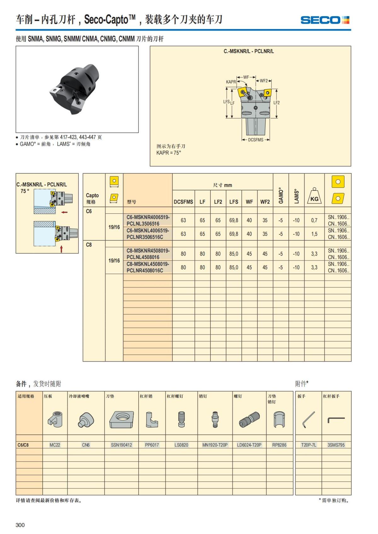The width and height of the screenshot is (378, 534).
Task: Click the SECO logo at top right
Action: (325, 20)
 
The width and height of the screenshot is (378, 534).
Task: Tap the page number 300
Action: (20, 525)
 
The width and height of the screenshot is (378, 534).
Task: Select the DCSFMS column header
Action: (183, 202)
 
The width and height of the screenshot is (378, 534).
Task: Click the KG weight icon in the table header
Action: (314, 197)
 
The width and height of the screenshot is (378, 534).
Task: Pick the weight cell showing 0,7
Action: (314, 221)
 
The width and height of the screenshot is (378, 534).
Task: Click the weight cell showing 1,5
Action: (314, 234)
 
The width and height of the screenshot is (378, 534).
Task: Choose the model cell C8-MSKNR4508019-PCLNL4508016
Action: (148, 254)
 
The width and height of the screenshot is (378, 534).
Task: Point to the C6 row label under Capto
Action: (89, 211)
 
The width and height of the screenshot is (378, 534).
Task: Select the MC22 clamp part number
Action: (55, 445)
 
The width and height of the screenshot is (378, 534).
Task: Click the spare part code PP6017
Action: (152, 445)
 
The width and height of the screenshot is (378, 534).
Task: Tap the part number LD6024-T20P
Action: (249, 445)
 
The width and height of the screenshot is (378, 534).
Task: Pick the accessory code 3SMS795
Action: (336, 445)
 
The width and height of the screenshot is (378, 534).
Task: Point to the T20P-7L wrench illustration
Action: (308, 419)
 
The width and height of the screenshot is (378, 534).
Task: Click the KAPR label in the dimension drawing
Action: (231, 82)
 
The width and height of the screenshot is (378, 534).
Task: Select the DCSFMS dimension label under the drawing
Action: (255, 140)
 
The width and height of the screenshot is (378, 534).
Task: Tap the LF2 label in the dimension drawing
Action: (276, 103)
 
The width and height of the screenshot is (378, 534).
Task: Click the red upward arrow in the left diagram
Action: (61, 249)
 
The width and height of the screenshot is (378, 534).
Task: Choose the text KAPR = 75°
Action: (169, 153)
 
